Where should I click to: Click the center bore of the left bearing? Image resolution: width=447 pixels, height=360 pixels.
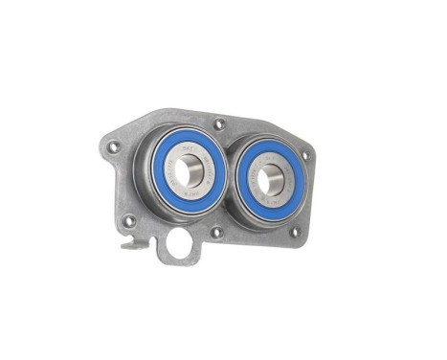188,172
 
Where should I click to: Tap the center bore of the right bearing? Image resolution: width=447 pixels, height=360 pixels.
271,179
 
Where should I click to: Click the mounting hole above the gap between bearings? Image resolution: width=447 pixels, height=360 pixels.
219,124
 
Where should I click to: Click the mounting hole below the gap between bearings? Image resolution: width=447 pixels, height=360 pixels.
216,231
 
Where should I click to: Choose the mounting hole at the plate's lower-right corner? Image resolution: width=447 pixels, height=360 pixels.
294,231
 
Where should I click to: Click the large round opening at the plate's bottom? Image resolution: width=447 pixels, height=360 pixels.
179,245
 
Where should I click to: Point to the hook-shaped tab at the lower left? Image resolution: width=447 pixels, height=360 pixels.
133,243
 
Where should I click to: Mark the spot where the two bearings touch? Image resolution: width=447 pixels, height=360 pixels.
230,177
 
